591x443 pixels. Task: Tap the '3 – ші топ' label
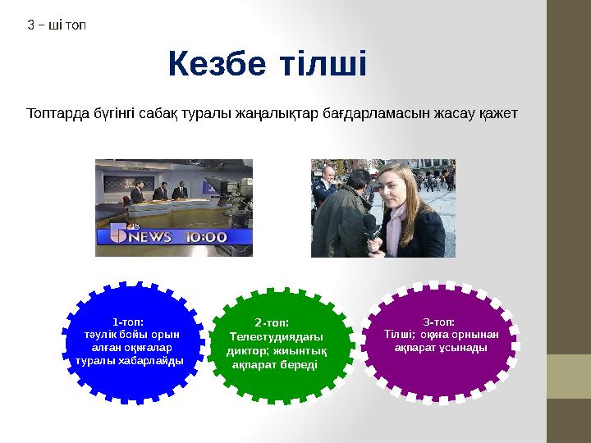click(57, 25)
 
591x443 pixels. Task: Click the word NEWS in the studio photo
click(149, 237)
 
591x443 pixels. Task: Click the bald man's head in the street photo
click(326, 175)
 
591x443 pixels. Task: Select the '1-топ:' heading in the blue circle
click(129, 322)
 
